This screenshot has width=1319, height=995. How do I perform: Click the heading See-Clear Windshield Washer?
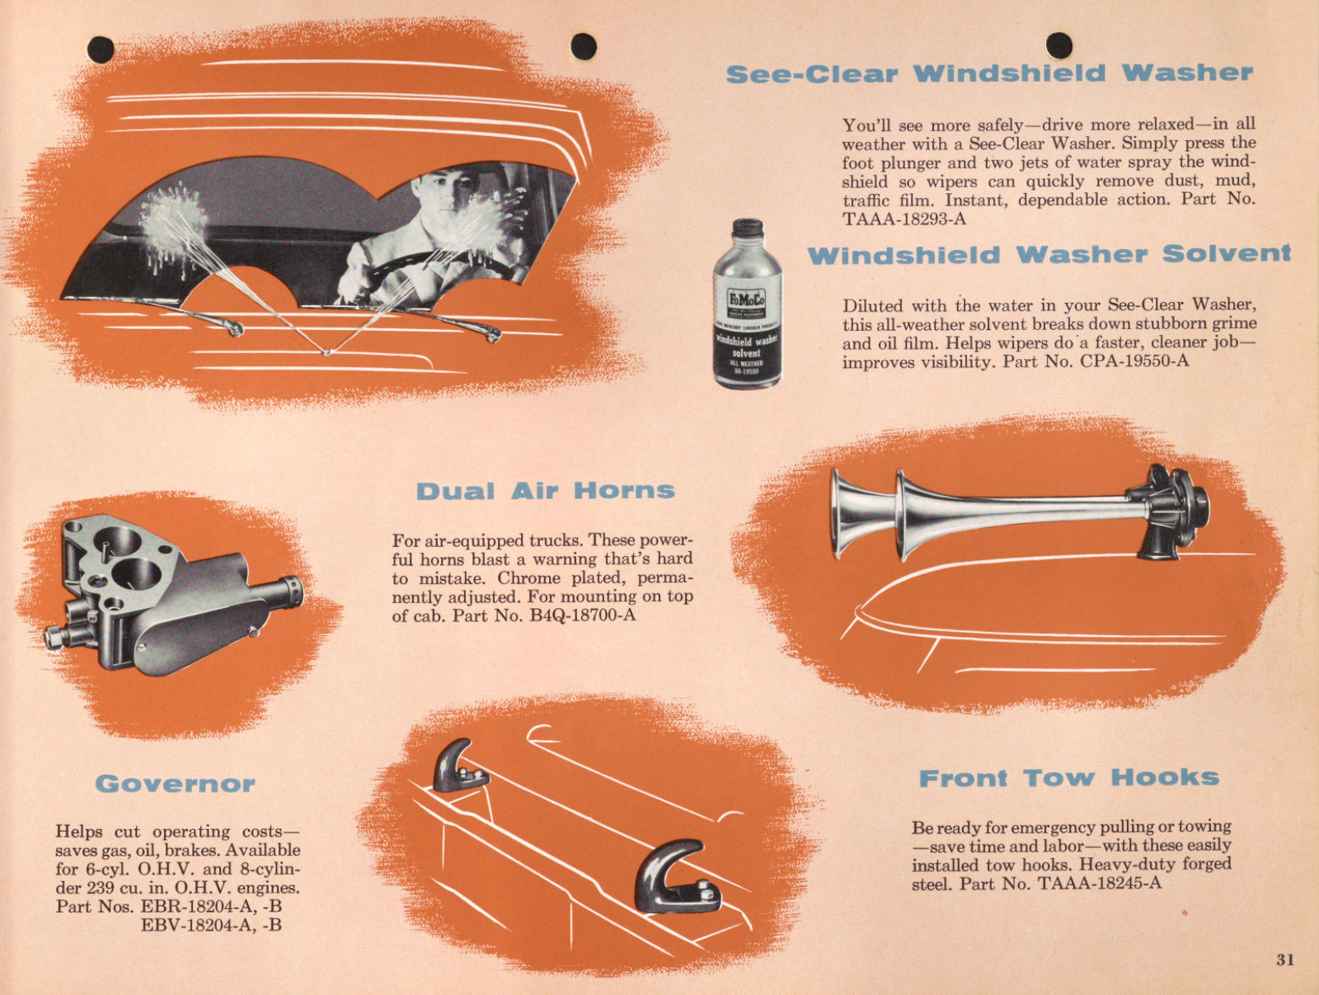click(989, 73)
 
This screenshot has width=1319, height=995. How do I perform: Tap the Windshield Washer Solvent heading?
click(1049, 254)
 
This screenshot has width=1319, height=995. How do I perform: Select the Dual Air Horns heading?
click(545, 491)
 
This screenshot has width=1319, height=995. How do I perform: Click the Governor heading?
click(175, 783)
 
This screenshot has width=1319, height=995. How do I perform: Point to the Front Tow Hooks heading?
click(1068, 778)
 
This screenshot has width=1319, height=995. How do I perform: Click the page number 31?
click(1284, 960)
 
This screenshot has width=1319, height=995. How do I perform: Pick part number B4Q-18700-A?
click(583, 615)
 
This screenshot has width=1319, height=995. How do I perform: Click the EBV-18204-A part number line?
click(210, 925)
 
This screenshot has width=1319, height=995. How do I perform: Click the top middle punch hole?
click(583, 46)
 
